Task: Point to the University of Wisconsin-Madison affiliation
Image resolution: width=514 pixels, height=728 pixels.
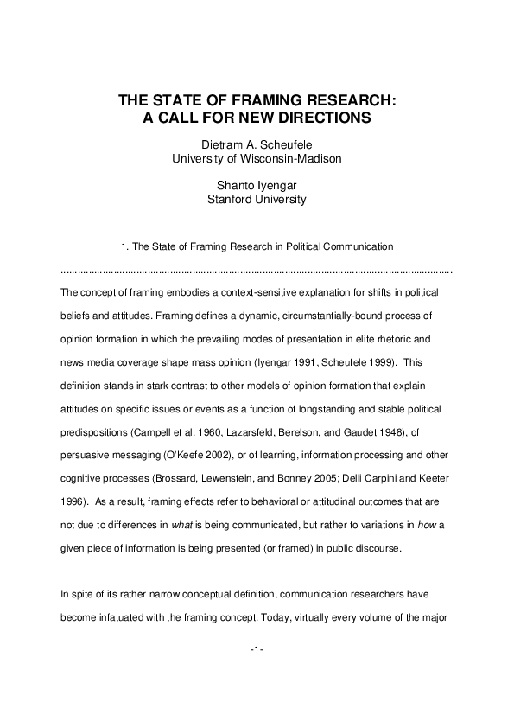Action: point(257,159)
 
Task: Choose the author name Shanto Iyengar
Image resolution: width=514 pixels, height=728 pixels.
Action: point(257,184)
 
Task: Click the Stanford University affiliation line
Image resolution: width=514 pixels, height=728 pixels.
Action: point(257,198)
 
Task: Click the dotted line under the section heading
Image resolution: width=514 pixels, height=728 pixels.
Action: point(257,271)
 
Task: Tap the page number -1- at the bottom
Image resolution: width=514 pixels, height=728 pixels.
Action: point(257,671)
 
